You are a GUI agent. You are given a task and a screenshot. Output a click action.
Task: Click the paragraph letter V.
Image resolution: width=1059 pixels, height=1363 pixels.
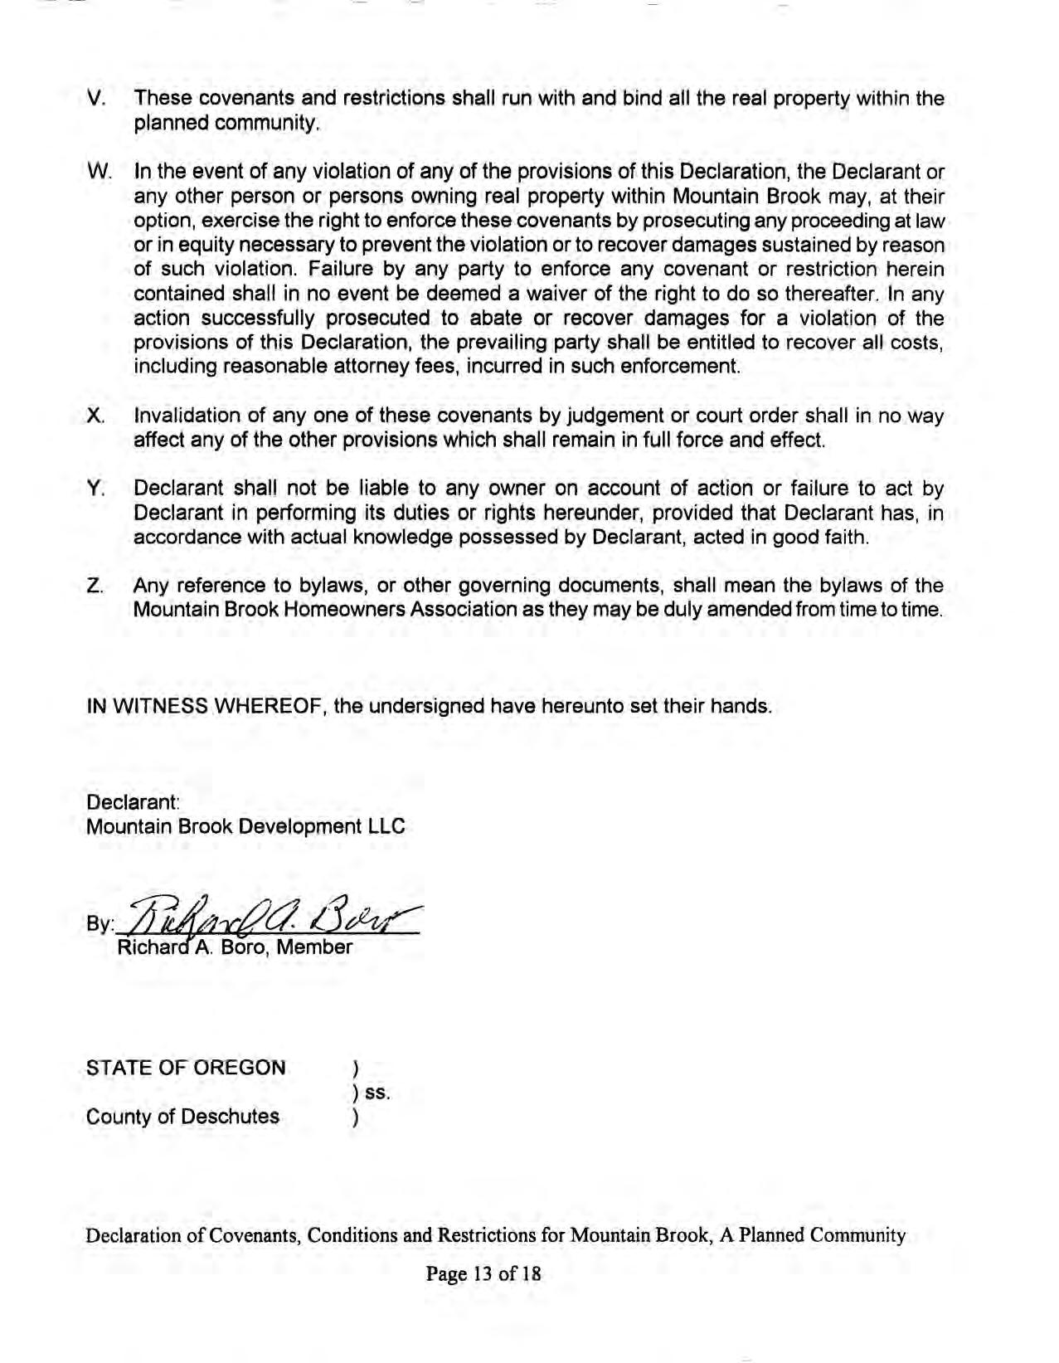pyautogui.click(x=95, y=98)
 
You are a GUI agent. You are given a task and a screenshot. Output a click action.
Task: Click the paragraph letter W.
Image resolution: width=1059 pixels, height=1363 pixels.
pyautogui.click(x=98, y=172)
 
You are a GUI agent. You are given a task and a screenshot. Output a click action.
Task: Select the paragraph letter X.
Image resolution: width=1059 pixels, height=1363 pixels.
pyautogui.click(x=95, y=416)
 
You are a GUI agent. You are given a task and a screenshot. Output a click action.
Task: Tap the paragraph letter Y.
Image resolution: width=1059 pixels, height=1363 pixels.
pyautogui.click(x=94, y=489)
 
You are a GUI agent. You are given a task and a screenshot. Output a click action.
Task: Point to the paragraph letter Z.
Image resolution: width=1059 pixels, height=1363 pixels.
pyautogui.click(x=94, y=587)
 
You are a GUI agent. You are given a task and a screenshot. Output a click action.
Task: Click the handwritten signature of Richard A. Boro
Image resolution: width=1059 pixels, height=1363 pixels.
pyautogui.click(x=274, y=916)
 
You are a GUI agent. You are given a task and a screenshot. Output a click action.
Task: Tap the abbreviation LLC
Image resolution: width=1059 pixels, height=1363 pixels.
pyautogui.click(x=387, y=826)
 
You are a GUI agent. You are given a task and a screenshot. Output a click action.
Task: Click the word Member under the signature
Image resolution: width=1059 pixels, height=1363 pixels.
pyautogui.click(x=314, y=947)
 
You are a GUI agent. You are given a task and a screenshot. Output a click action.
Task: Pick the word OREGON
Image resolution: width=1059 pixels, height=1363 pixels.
pyautogui.click(x=240, y=1067)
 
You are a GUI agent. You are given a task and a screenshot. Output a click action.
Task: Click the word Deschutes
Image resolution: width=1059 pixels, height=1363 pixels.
pyautogui.click(x=230, y=1116)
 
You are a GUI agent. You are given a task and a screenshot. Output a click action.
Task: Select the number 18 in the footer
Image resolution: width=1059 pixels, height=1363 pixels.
pyautogui.click(x=531, y=1273)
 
